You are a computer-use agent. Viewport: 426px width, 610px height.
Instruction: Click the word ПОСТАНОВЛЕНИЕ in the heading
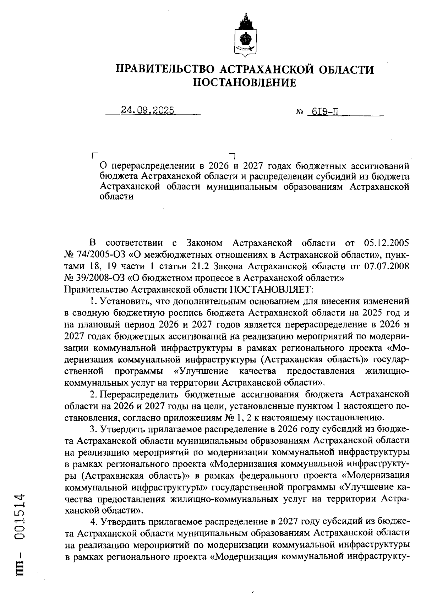(x=245, y=83)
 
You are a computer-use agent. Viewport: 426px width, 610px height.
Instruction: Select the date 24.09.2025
(x=147, y=110)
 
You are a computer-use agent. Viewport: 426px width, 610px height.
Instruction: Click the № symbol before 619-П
(x=299, y=112)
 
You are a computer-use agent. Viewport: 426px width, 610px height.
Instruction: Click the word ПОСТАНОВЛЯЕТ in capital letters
(x=271, y=289)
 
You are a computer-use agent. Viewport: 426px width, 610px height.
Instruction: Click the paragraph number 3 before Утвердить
(x=93, y=429)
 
